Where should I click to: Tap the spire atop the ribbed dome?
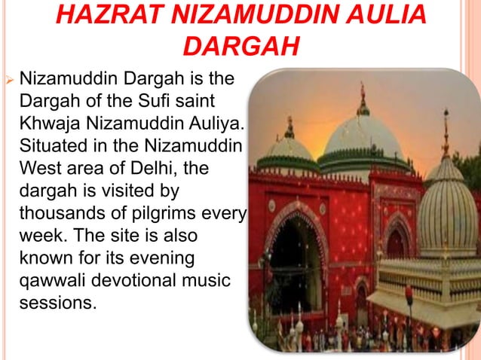(446, 132)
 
